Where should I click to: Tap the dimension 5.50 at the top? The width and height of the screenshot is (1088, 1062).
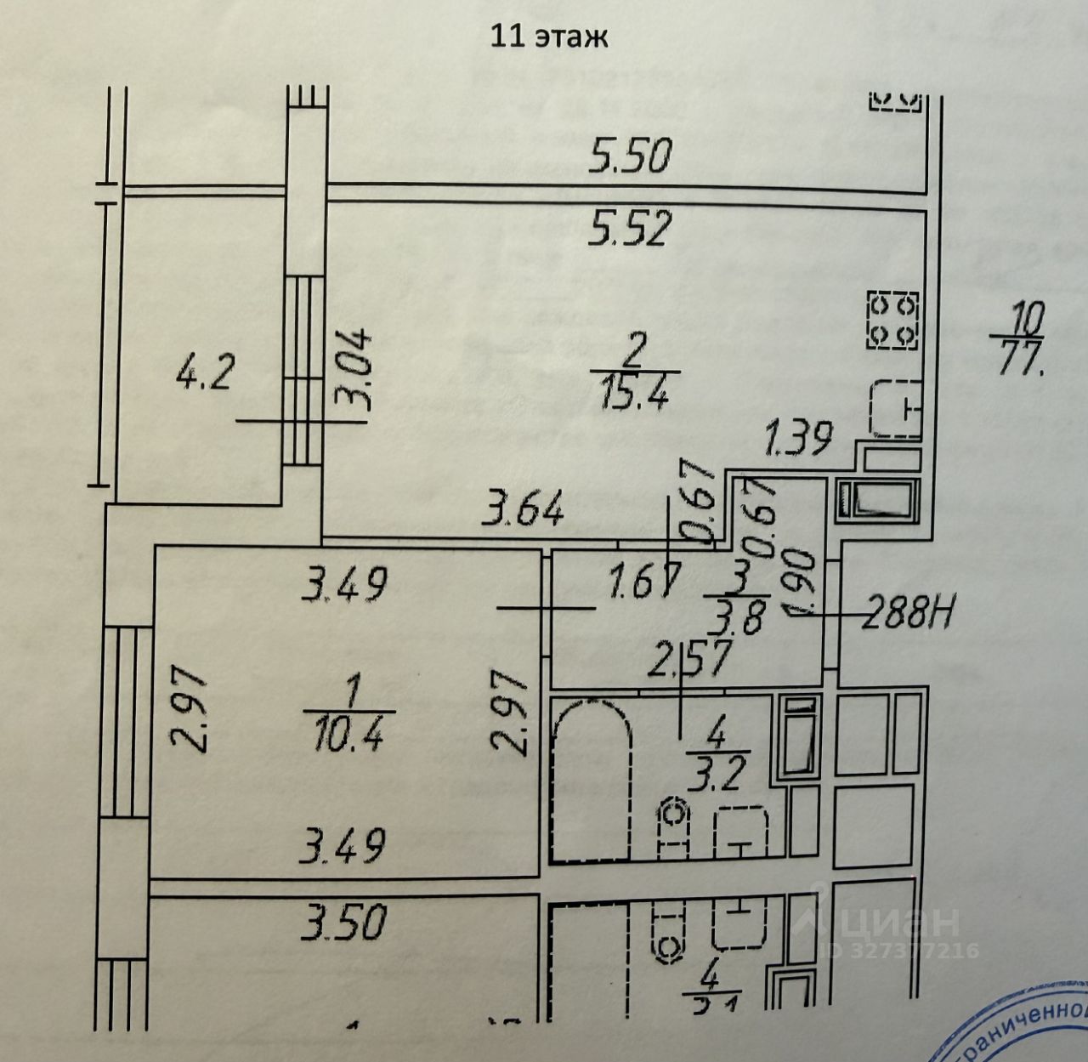[x=632, y=157]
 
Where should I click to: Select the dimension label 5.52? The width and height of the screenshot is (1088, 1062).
[x=632, y=227]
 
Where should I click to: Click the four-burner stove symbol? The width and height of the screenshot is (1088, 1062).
[x=893, y=320]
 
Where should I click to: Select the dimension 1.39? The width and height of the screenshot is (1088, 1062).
[x=796, y=440]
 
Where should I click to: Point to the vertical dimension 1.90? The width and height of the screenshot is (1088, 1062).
[x=802, y=587]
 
